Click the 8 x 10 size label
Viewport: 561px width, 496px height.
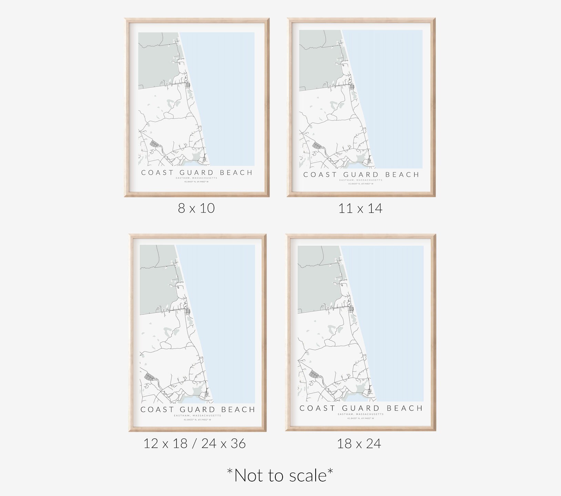[196, 208]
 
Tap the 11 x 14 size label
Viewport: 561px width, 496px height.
[360, 208]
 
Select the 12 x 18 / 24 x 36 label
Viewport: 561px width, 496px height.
[194, 443]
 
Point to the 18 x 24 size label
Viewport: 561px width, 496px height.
[359, 443]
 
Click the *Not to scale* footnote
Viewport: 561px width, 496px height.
[280, 475]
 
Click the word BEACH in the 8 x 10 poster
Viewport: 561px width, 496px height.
[236, 172]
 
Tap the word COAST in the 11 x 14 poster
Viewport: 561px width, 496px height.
[320, 175]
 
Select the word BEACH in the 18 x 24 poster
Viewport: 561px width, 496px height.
[405, 408]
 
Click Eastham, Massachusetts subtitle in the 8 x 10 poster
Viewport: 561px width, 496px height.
[196, 178]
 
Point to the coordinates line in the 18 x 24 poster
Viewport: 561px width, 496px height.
[360, 418]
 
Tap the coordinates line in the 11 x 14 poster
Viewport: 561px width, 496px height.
[360, 184]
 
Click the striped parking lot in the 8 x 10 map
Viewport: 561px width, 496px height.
[154, 143]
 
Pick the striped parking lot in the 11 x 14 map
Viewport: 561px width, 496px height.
[316, 145]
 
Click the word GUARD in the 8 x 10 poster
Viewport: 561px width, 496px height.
[196, 172]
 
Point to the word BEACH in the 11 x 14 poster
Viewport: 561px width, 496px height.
[402, 175]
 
